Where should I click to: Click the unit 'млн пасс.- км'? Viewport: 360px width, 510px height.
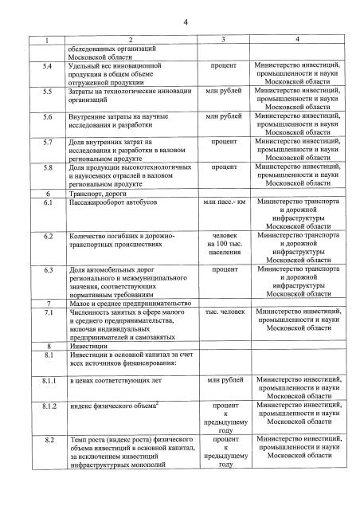(x=224, y=203)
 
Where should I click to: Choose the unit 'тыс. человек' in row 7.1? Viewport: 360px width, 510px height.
(x=224, y=312)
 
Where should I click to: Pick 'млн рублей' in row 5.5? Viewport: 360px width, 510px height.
(x=224, y=92)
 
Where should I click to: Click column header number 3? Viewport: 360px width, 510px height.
(x=224, y=40)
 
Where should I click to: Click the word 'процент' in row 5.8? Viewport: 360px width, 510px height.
(x=224, y=168)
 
